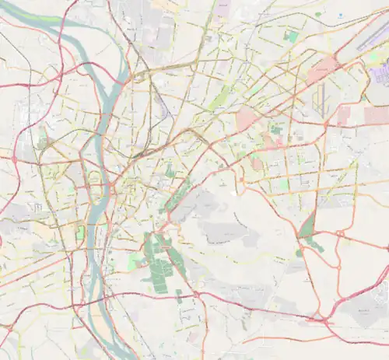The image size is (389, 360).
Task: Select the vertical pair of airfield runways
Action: tap(320, 97)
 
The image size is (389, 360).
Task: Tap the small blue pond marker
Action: tap(340, 14)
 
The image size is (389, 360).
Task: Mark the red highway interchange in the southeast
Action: tap(318, 318)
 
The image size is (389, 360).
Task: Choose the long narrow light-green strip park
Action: tap(222, 97)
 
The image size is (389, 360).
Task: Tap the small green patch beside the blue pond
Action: tap(318, 14)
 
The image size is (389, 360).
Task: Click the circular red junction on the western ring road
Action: tap(14, 159)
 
